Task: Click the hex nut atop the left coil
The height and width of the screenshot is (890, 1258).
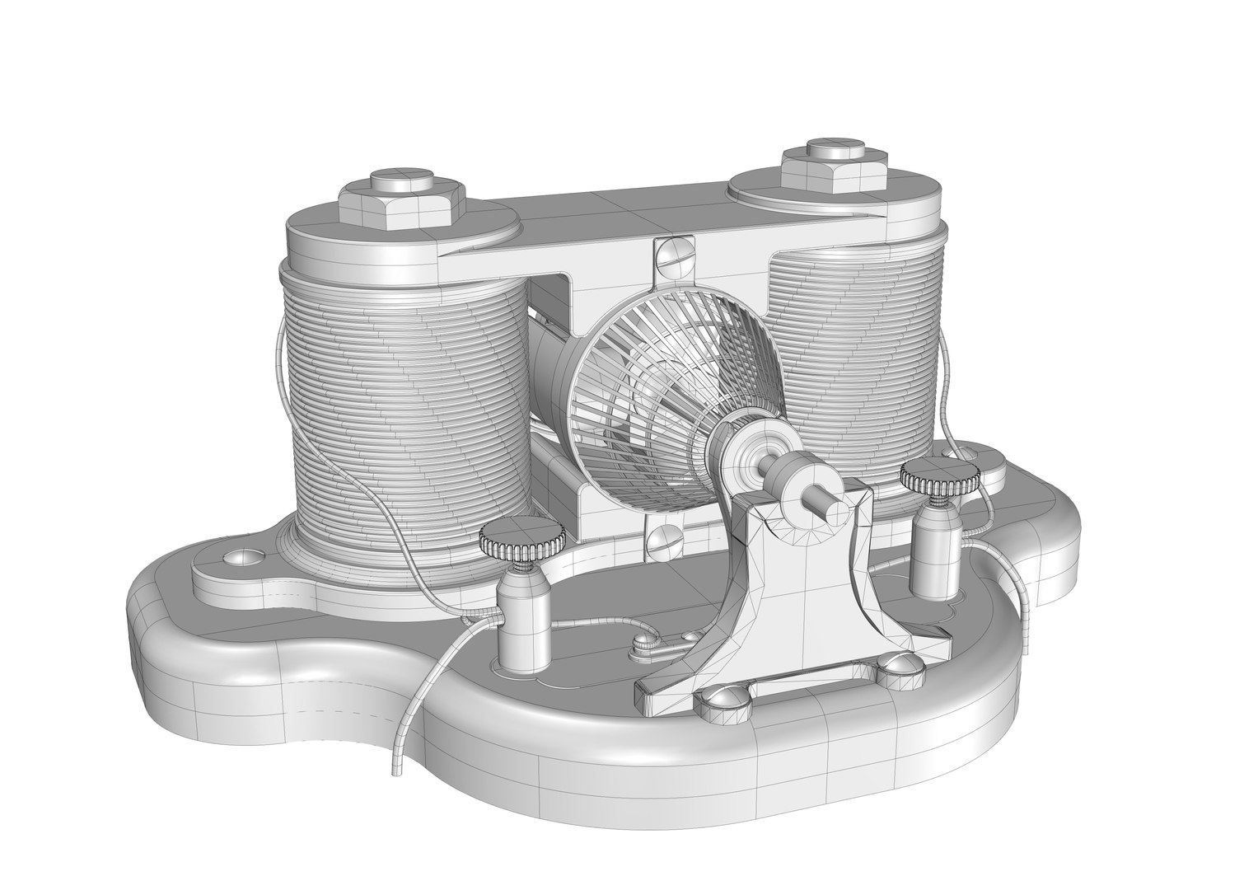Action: [x=400, y=201]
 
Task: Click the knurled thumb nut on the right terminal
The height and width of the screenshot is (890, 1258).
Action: [x=940, y=475]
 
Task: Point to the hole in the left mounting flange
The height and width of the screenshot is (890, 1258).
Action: [x=239, y=558]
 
